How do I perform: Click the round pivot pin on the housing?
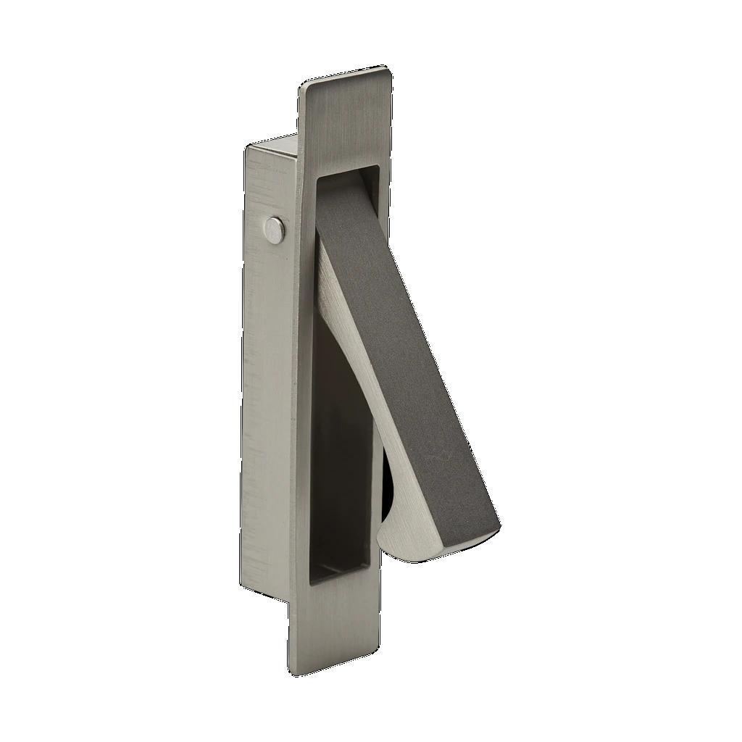point(275,229)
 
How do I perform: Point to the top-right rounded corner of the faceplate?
point(388,70)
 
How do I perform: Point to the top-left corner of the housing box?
point(246,146)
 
